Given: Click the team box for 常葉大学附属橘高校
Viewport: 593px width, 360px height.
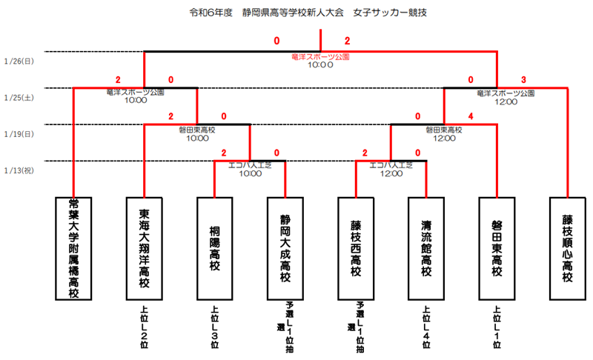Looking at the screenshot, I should coord(73,248).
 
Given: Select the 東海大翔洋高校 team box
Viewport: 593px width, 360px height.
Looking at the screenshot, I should coord(144,248).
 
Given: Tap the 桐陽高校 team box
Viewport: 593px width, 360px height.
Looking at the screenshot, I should coord(214,248).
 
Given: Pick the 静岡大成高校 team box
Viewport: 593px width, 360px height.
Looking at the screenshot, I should coord(285,248).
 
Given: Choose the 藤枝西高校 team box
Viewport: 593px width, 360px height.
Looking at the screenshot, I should coord(355,248).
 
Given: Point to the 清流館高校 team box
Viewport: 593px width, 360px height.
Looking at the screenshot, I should coord(425,248).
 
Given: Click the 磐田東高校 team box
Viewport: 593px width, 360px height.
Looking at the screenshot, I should coord(496,248).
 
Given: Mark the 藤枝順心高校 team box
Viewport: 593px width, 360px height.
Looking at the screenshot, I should coord(566,248).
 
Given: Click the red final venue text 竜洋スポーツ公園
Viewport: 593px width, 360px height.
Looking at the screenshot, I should coord(320,56).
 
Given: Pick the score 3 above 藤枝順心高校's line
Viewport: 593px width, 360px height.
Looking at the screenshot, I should coord(523,80).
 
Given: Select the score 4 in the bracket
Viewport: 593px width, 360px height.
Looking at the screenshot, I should coord(471,116).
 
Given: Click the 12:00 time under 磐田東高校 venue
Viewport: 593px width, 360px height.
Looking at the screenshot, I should coord(443,138).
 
